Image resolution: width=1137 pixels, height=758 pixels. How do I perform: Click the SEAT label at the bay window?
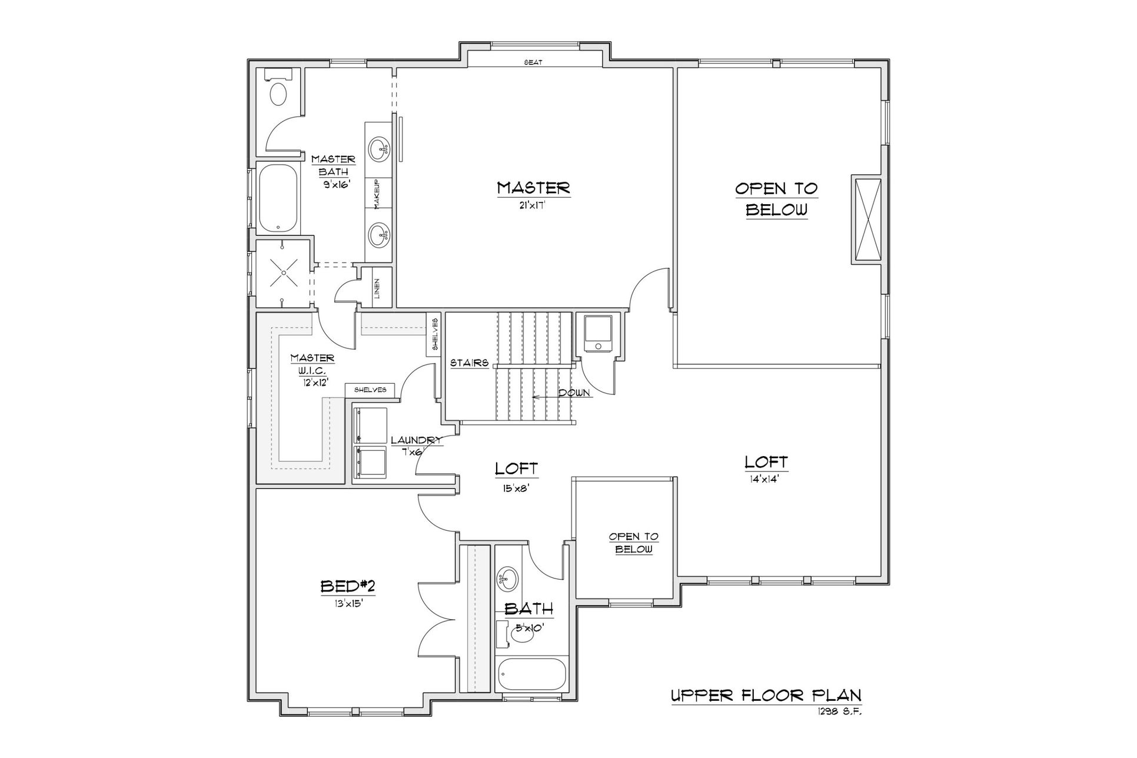tap(533, 62)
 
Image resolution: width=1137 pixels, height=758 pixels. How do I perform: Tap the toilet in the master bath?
tap(278, 89)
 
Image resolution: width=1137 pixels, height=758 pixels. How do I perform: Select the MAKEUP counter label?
tap(377, 193)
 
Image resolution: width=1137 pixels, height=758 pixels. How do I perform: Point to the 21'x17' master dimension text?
tap(534, 205)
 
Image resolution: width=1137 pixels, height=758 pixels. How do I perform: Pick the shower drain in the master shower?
tap(284, 273)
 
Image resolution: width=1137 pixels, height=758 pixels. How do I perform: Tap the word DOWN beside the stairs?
tap(574, 393)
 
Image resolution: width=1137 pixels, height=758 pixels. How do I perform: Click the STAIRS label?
tap(470, 363)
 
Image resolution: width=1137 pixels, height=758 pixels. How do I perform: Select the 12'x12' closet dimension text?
tap(312, 381)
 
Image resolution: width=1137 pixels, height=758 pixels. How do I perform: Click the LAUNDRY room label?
tap(416, 440)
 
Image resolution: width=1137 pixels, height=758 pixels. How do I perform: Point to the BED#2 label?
tap(348, 586)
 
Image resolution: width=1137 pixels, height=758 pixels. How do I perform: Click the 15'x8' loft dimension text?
tap(516, 487)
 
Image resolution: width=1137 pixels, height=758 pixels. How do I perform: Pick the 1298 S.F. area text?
tap(839, 711)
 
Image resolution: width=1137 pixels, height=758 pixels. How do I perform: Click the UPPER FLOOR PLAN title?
tap(766, 696)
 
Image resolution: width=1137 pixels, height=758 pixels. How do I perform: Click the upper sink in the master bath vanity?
tap(380, 148)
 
